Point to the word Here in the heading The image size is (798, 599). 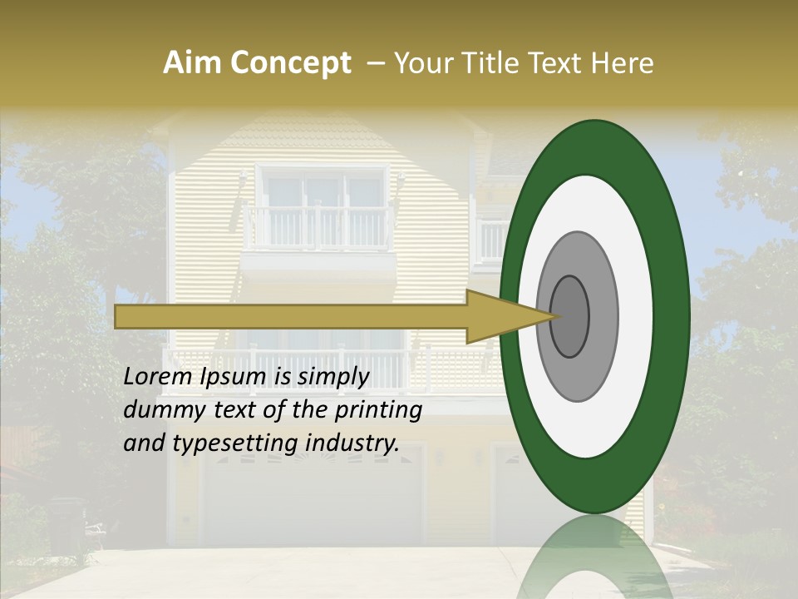click(x=623, y=63)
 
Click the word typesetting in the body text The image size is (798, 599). click(x=238, y=444)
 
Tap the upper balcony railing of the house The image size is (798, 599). click(x=320, y=228)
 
